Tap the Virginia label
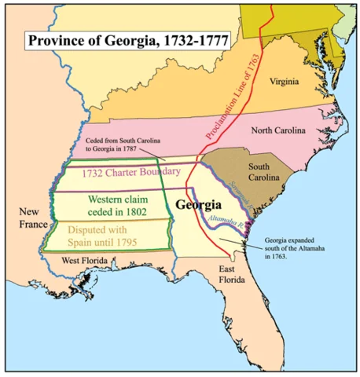[x=284, y=81]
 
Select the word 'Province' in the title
[x=56, y=38]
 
